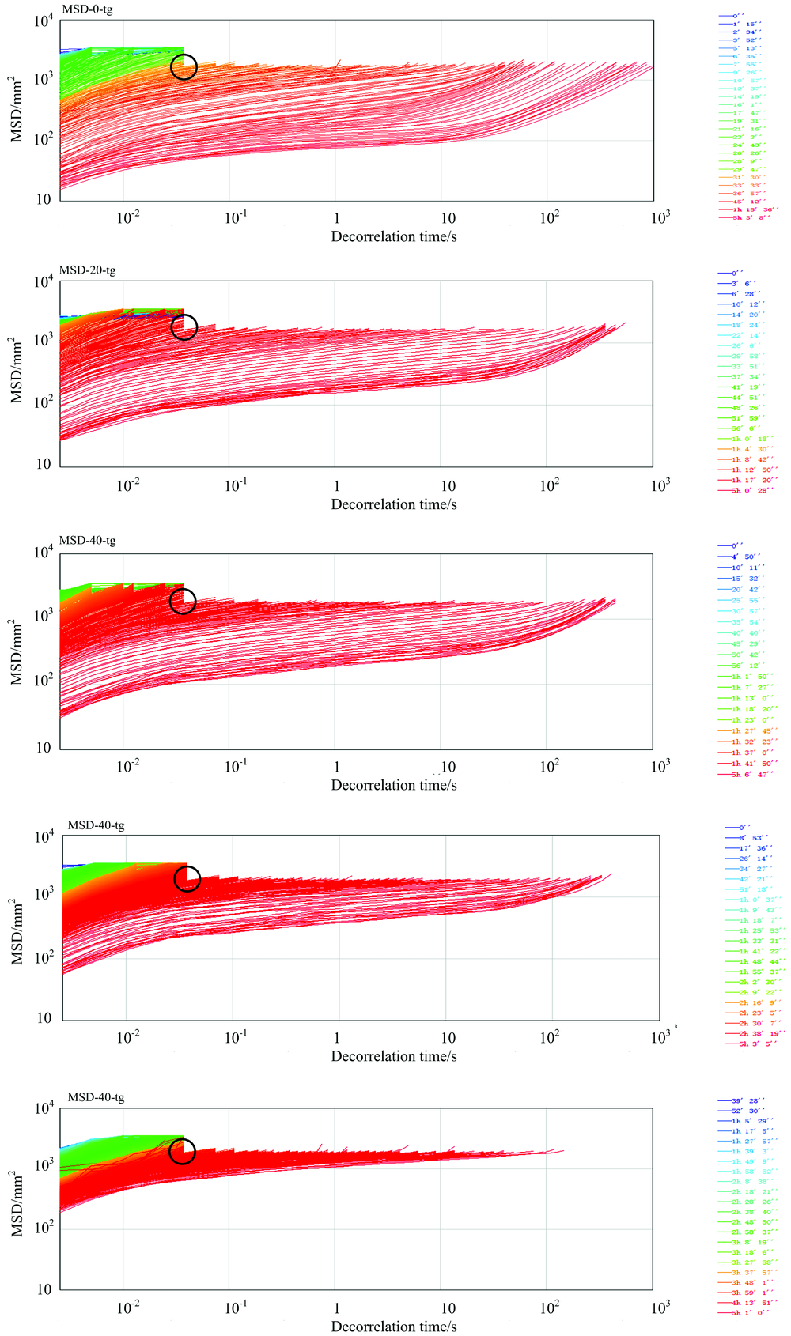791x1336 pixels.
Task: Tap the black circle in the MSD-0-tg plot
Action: pyautogui.click(x=184, y=67)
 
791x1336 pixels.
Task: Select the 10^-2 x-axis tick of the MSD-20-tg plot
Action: pyautogui.click(x=127, y=485)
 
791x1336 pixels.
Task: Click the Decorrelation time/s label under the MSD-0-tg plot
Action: pyautogui.click(x=394, y=236)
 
